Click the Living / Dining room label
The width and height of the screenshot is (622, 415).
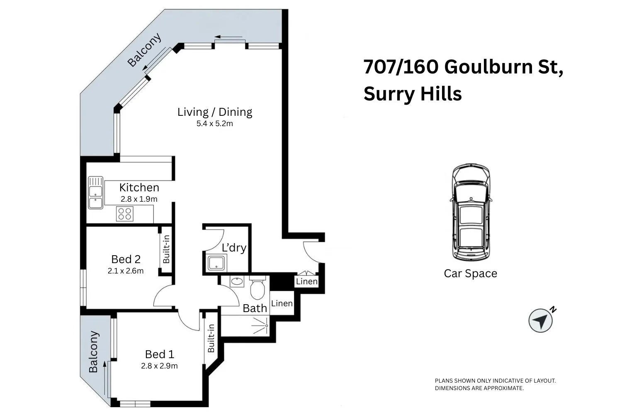pyautogui.click(x=214, y=112)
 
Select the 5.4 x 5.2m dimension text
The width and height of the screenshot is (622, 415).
pyautogui.click(x=214, y=124)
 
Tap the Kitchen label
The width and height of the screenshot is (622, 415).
pyautogui.click(x=139, y=187)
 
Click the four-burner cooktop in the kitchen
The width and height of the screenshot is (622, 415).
pyautogui.click(x=124, y=214)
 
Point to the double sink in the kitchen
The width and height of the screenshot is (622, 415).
pyautogui.click(x=96, y=193)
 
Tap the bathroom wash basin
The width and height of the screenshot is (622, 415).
pyautogui.click(x=237, y=281)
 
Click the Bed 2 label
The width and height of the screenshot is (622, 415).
pyautogui.click(x=126, y=259)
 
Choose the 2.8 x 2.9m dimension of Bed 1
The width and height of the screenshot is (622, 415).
pyautogui.click(x=159, y=366)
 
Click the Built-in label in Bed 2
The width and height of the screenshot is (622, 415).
pyautogui.click(x=166, y=249)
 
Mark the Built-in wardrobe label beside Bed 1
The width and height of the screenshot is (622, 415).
pyautogui.click(x=211, y=338)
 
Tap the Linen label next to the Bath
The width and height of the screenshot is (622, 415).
pyautogui.click(x=282, y=303)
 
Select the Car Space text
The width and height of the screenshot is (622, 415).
pyautogui.click(x=470, y=273)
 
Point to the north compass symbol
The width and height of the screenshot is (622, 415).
pyautogui.click(x=541, y=320)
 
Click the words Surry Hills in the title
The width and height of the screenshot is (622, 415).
pyautogui.click(x=413, y=94)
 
